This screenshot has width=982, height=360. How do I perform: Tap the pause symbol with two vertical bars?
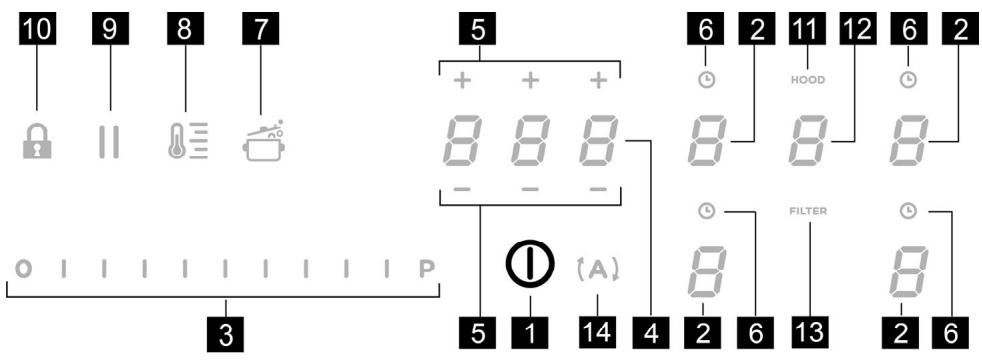tap(110, 145)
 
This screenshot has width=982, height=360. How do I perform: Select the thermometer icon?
tap(186, 145)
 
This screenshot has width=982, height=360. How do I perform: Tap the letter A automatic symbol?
tap(596, 268)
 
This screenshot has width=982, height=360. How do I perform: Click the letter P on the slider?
tap(428, 269)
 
